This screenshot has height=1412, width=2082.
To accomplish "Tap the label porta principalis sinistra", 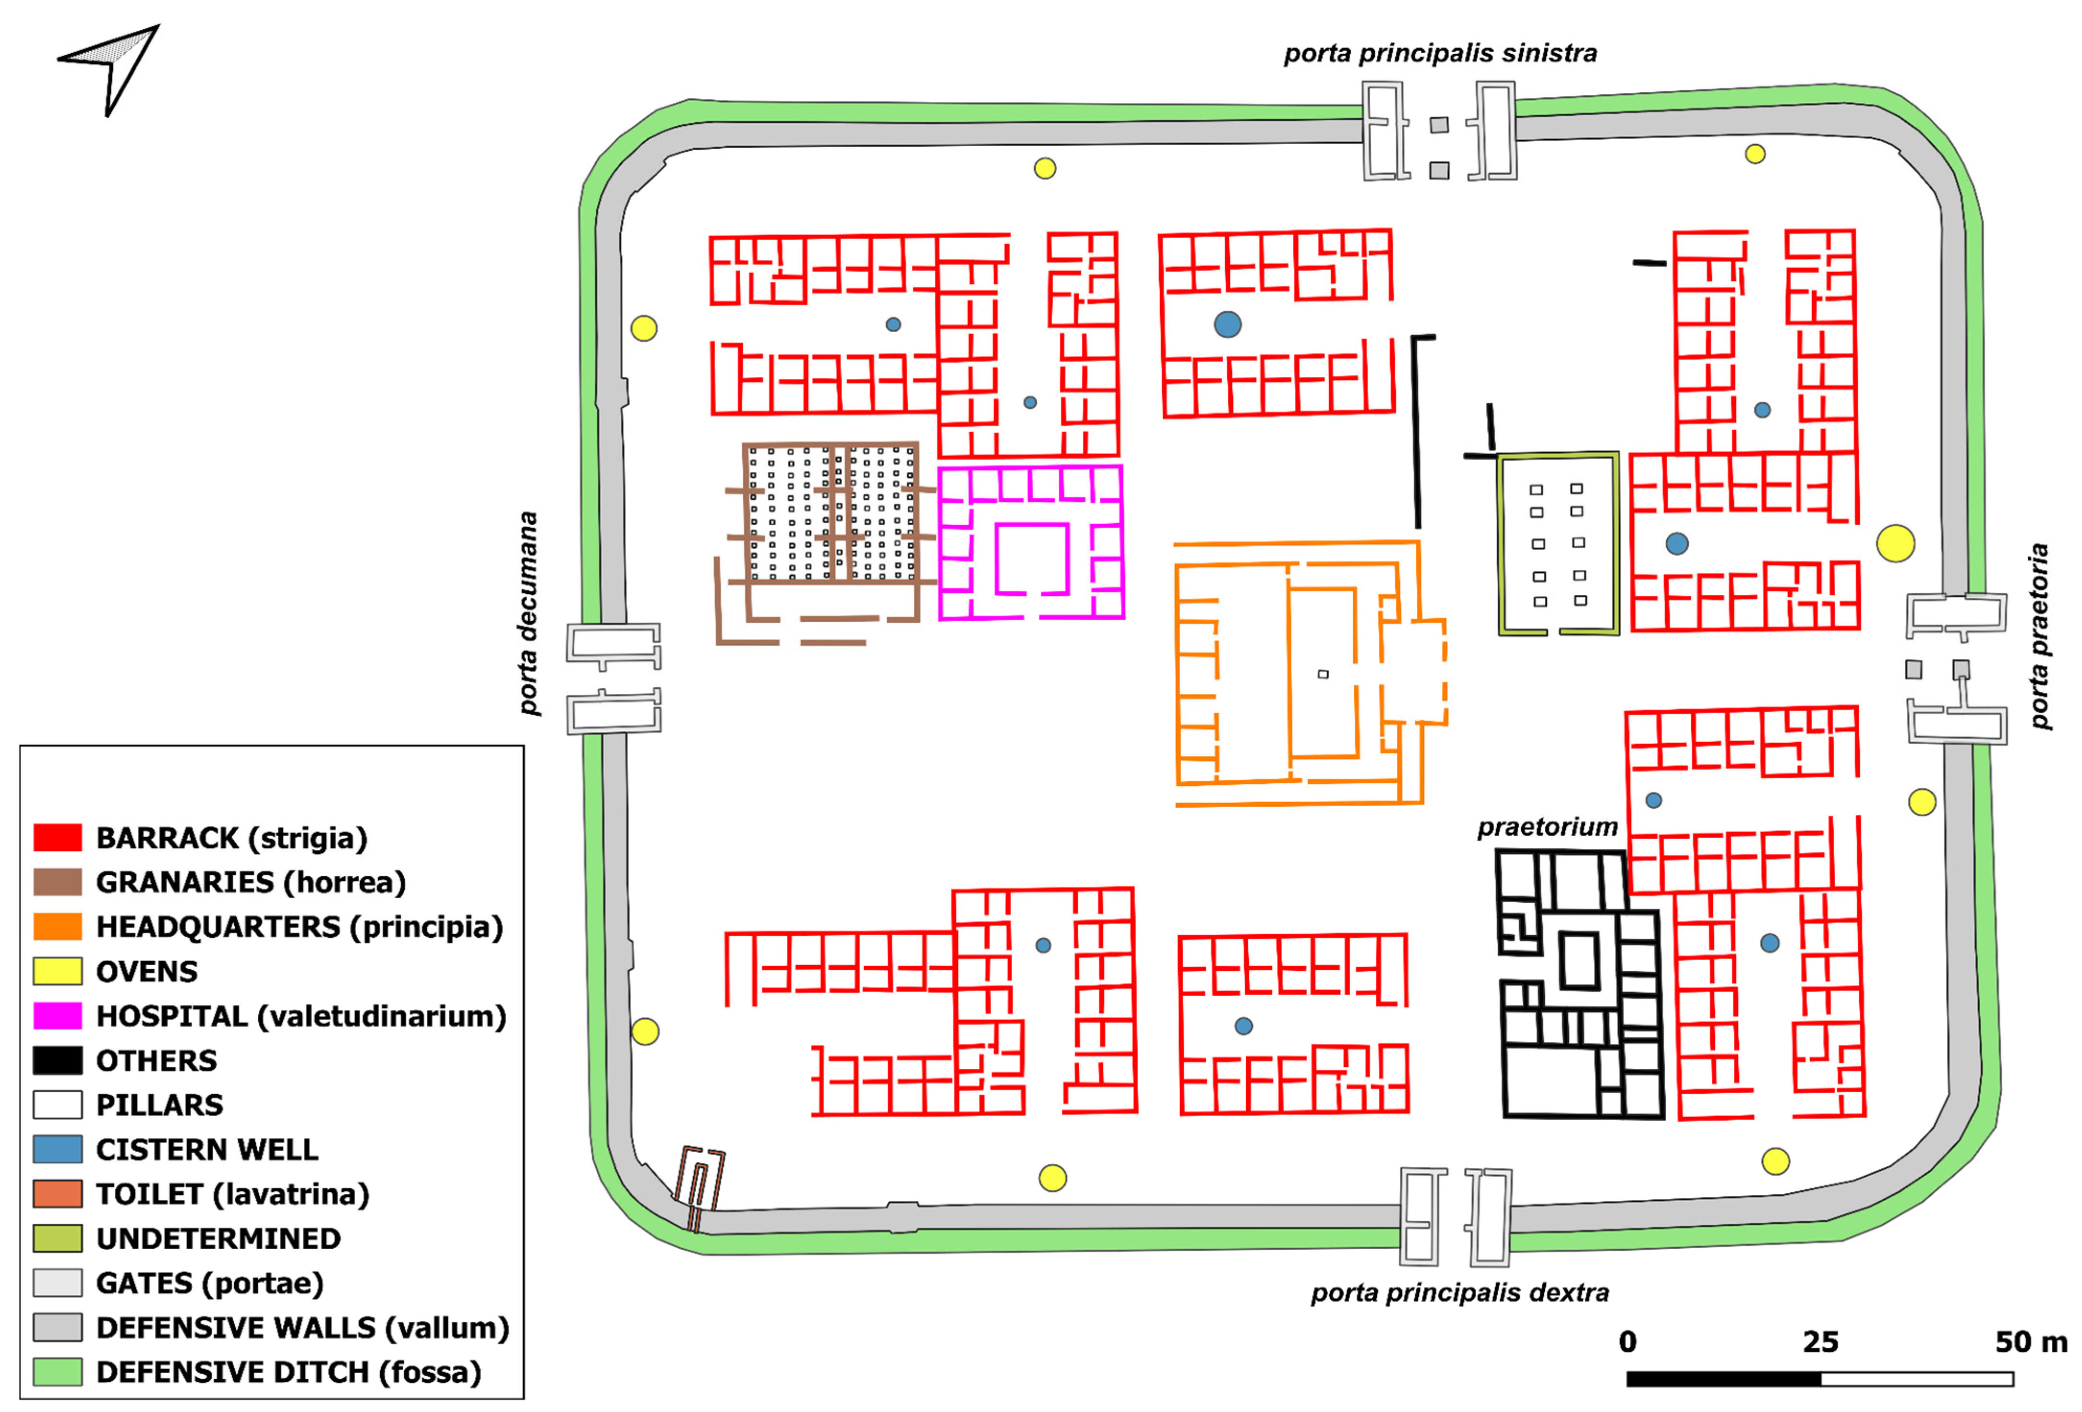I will pos(1440,54).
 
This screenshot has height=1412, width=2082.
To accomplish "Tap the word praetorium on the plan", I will pos(1547,827).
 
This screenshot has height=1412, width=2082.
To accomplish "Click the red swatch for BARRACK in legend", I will pos(57,838).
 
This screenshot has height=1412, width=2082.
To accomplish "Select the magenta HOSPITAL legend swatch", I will pos(57,1016).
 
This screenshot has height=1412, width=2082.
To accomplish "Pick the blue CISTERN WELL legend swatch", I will pos(57,1149).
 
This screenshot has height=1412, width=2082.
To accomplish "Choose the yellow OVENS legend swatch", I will pos(57,971).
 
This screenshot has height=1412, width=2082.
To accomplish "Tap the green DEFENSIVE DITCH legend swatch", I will pos(57,1372).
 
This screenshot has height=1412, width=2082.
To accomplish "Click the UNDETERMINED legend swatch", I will pos(57,1238).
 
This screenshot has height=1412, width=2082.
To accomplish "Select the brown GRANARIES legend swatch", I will pos(57,882).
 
